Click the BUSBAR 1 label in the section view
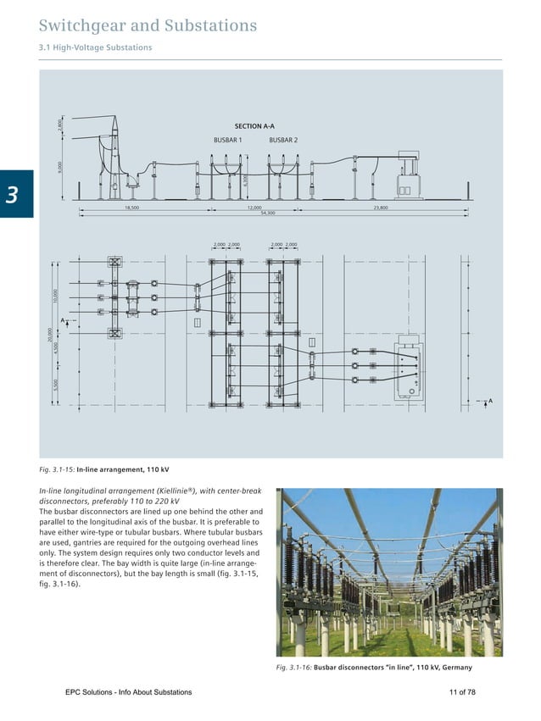tap(227, 140)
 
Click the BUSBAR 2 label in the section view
tap(283, 140)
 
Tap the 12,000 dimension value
tap(254, 207)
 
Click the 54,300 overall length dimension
tap(268, 213)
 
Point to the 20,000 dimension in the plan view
tap(50, 334)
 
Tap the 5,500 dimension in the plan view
tap(55, 384)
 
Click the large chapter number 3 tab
tap(14, 194)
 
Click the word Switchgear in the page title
tap(81, 26)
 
